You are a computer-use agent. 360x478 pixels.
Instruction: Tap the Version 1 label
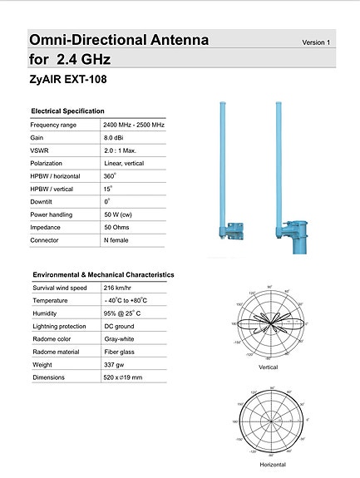tap(316, 42)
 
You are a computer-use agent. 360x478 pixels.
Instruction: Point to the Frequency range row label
tap(53, 124)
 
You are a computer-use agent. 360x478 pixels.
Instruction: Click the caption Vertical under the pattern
tap(269, 367)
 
